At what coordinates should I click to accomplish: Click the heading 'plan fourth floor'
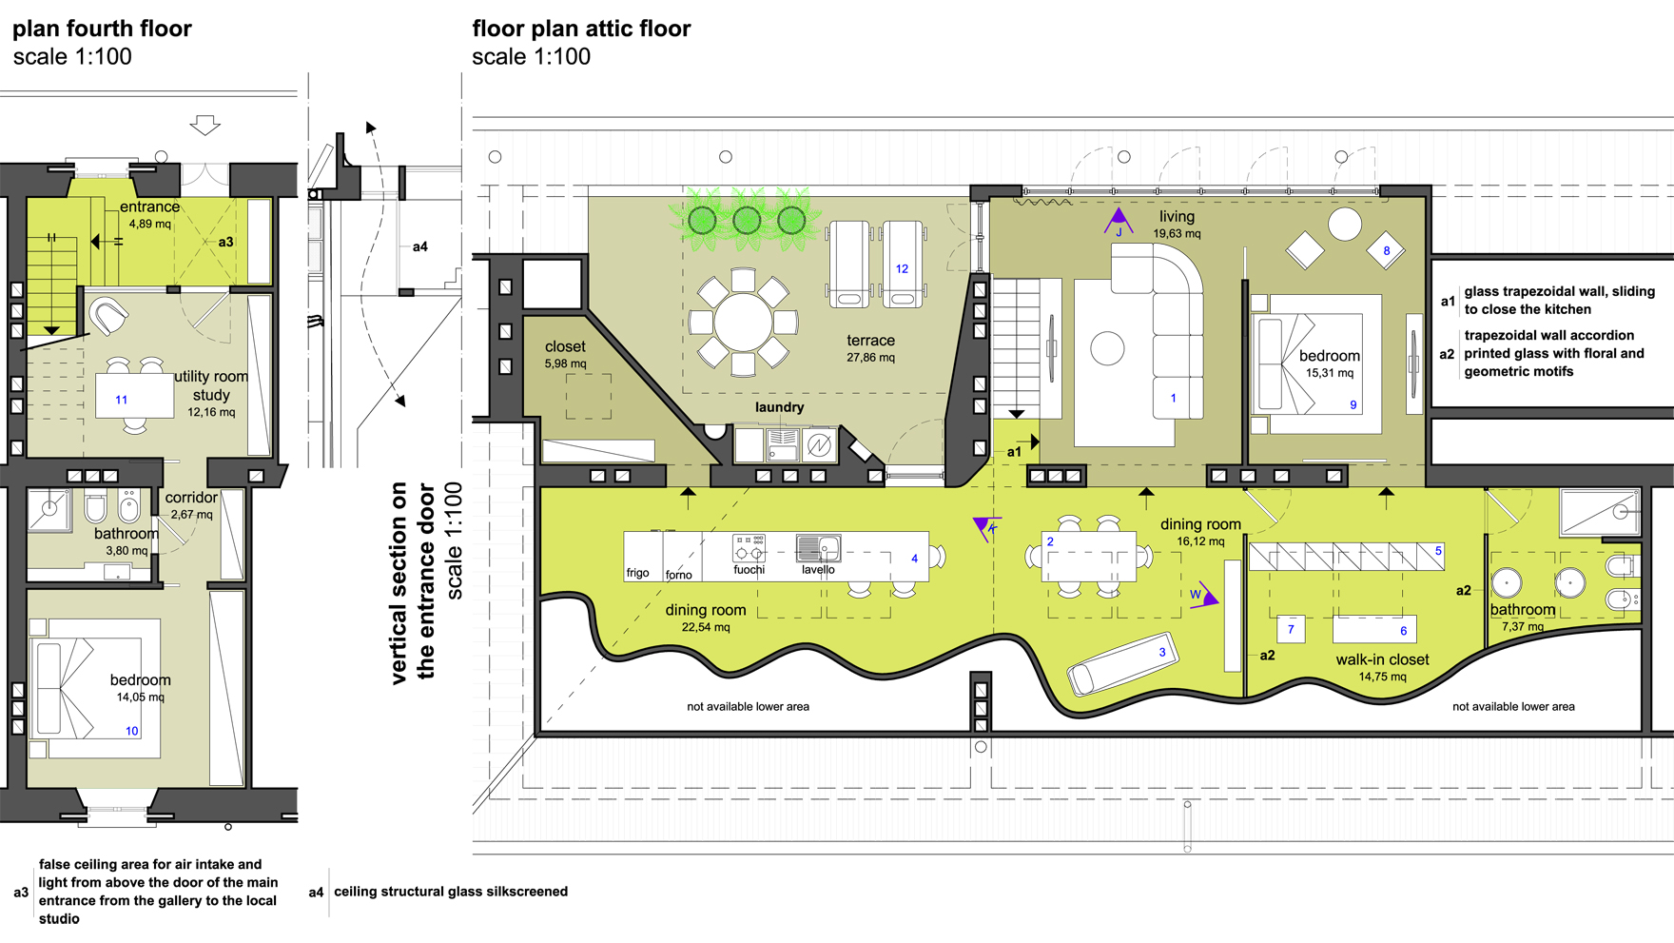(x=102, y=29)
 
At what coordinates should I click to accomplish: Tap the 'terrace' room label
(x=870, y=341)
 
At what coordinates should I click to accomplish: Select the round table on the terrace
(x=743, y=322)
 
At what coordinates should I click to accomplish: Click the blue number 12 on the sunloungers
(x=902, y=268)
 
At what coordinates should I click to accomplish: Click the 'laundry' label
(x=779, y=407)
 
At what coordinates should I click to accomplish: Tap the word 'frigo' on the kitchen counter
(x=637, y=573)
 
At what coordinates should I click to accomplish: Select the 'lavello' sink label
(x=818, y=570)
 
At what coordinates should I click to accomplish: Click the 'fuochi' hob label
(x=749, y=570)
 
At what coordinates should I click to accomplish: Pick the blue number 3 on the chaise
(x=1161, y=653)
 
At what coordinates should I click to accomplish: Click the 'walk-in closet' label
(x=1382, y=659)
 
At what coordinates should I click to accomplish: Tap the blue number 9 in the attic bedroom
(x=1353, y=405)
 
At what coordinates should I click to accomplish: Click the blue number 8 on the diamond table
(x=1386, y=251)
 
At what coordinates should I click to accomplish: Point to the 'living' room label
(x=1177, y=217)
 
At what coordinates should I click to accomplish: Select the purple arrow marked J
(x=1119, y=221)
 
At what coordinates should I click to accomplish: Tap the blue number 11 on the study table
(x=121, y=400)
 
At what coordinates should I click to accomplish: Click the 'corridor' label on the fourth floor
(x=191, y=498)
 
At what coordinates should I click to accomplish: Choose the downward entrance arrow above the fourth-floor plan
(x=205, y=125)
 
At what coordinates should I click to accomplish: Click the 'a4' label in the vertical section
(x=419, y=246)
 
